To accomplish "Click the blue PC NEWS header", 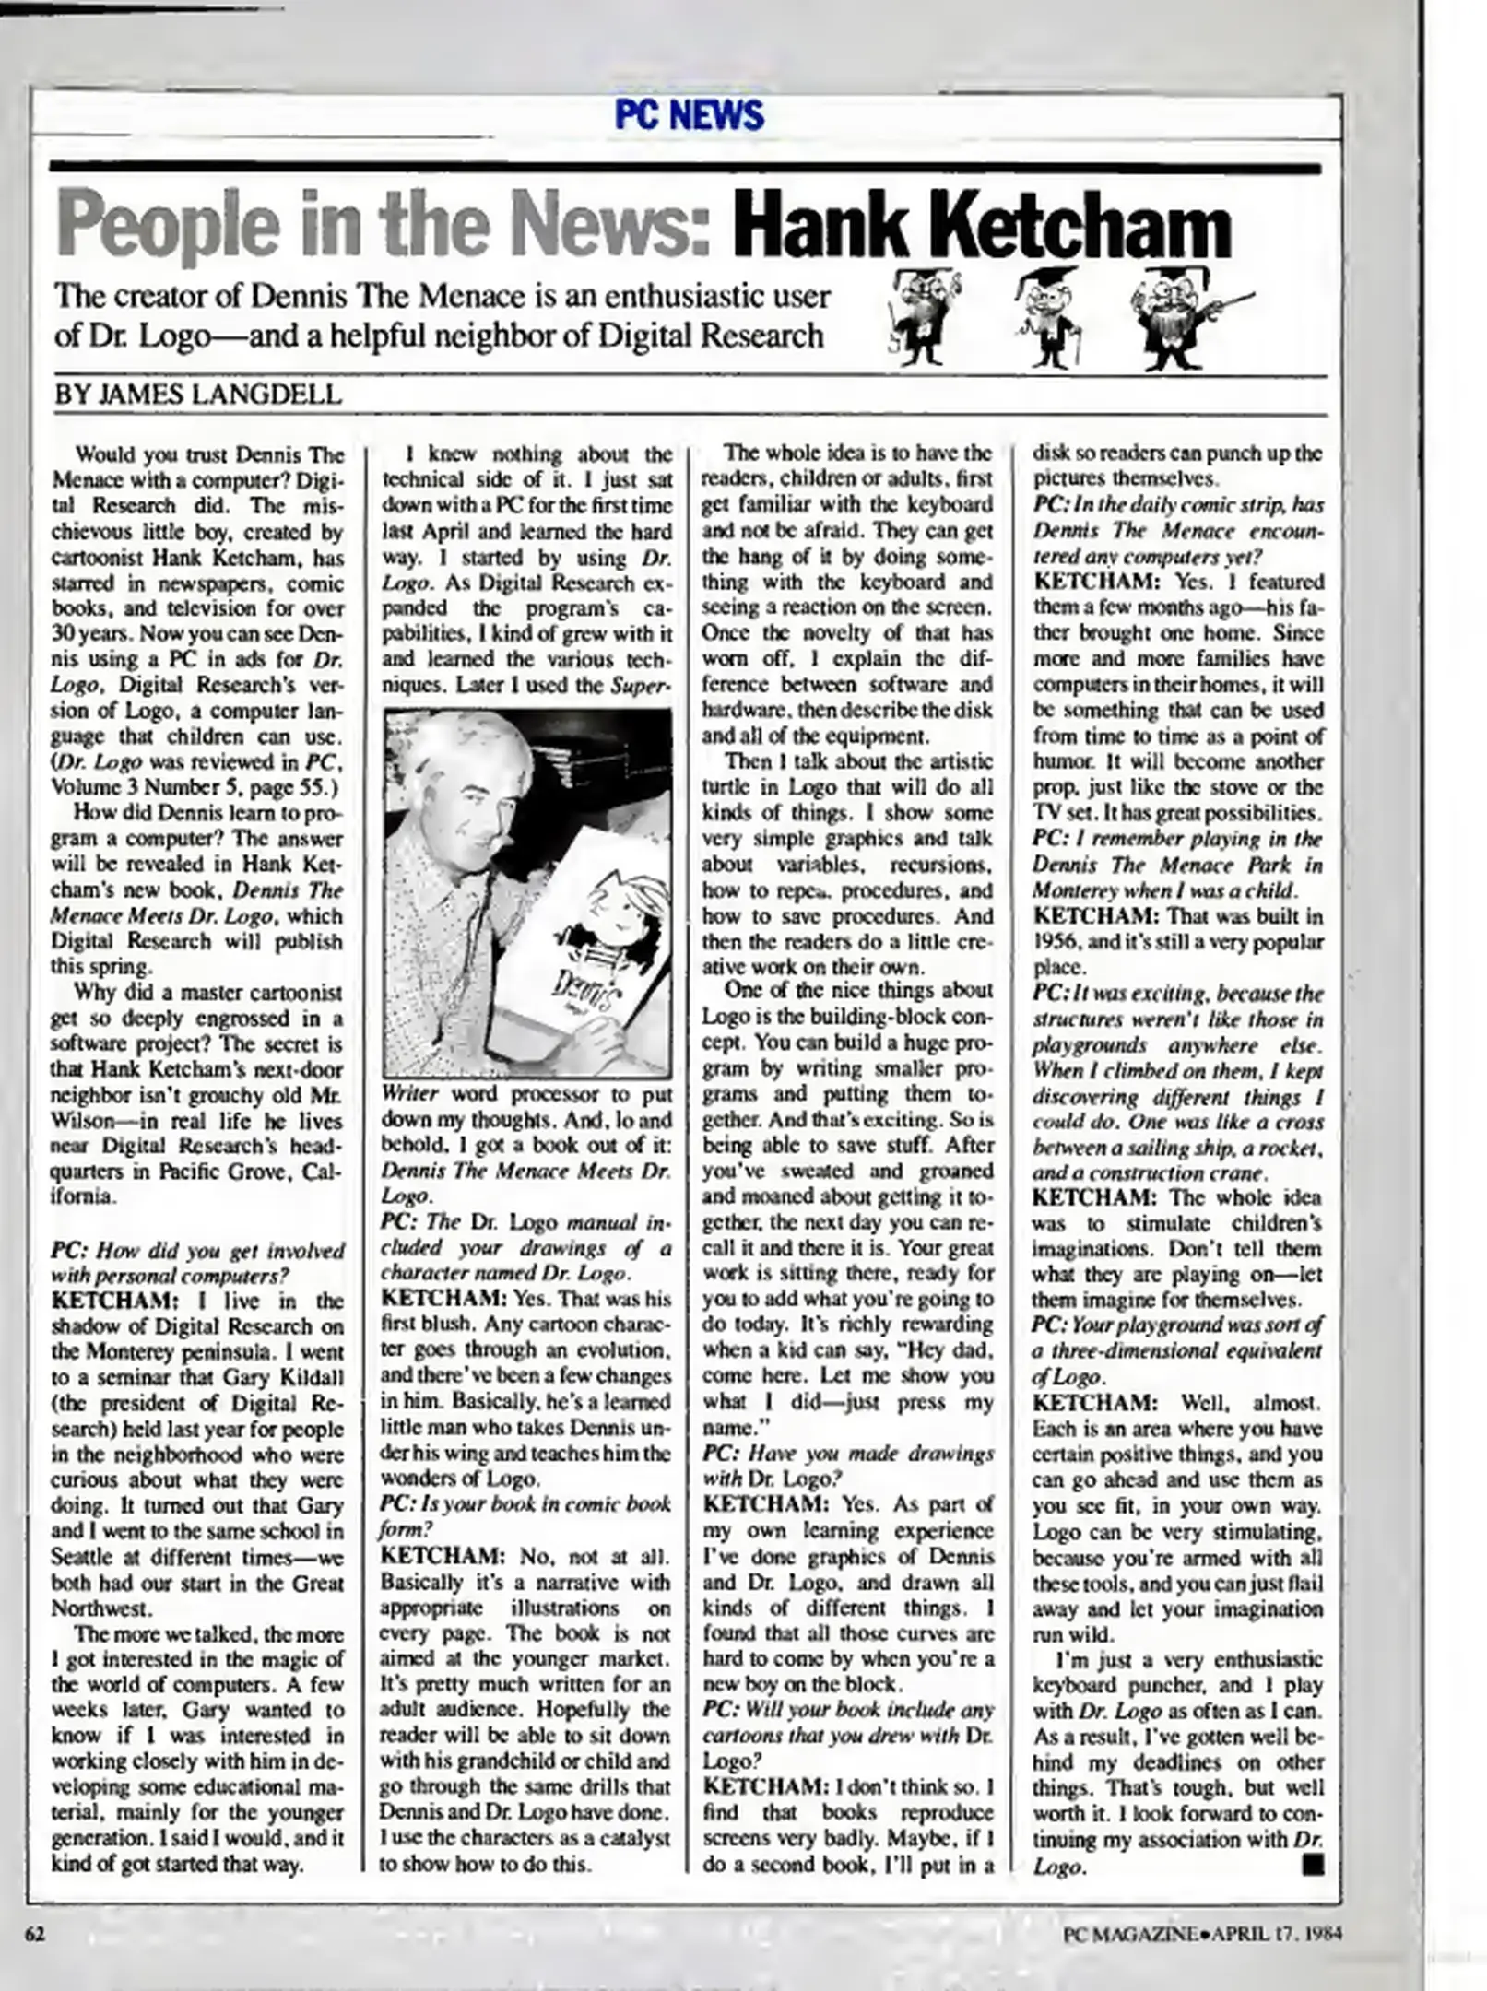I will click(x=689, y=115).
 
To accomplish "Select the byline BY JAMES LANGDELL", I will click(x=198, y=395).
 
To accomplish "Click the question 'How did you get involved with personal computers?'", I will click(x=197, y=1263).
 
